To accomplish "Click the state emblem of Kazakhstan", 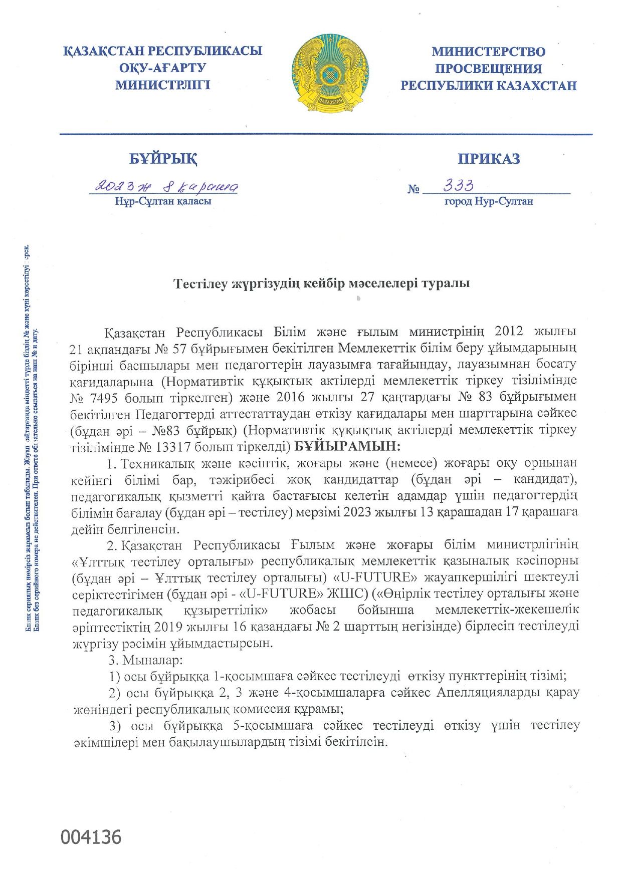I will (330, 73).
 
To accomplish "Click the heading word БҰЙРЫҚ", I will (163, 159).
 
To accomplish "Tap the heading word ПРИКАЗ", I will (489, 159).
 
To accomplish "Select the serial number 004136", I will (91, 837).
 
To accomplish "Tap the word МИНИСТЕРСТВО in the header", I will (488, 52).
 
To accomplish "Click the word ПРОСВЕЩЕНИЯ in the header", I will (488, 69).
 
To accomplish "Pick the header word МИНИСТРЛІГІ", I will (163, 85).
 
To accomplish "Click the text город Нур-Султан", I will (489, 201).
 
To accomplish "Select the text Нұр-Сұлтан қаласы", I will (163, 201).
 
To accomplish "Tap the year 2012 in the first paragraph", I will (509, 331).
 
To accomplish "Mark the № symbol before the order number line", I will (413, 189).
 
